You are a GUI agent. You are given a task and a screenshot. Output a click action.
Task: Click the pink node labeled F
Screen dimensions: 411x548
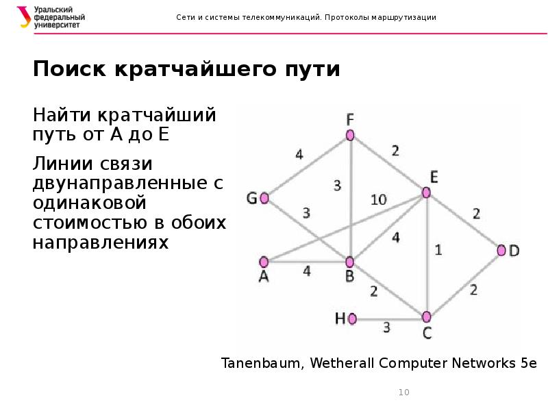[x=350, y=135]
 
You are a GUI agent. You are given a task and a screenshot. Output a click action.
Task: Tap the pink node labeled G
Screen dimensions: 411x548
[x=264, y=199]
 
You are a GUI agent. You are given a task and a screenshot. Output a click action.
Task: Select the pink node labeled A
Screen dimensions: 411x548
[x=264, y=261]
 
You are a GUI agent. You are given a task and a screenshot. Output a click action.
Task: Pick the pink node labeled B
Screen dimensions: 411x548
[x=349, y=262]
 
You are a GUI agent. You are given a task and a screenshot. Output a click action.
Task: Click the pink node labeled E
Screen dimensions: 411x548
[x=427, y=194]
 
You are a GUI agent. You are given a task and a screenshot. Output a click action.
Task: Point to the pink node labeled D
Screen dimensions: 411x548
[x=502, y=251]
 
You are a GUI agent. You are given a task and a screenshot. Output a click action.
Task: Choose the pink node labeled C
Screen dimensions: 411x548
[x=426, y=316]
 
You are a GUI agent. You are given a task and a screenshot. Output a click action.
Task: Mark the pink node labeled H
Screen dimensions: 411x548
[x=353, y=319]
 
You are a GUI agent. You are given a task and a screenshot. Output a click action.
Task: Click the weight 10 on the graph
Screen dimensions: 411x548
[x=378, y=200]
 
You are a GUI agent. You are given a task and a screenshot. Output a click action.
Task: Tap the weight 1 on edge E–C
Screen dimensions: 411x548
[x=438, y=250]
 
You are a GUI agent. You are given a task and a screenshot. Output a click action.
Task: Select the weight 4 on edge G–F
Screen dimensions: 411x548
[x=299, y=154]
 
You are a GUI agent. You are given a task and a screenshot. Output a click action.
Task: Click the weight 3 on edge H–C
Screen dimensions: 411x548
[x=386, y=327]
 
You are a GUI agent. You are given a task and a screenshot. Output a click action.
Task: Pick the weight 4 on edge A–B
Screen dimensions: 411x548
[x=306, y=271]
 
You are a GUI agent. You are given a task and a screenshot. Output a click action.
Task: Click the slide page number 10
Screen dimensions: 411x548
[x=403, y=393]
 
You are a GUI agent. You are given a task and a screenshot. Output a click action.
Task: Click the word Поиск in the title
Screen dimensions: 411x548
[x=67, y=70]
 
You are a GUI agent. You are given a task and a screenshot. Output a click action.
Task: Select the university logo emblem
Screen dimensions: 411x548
[x=25, y=17]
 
